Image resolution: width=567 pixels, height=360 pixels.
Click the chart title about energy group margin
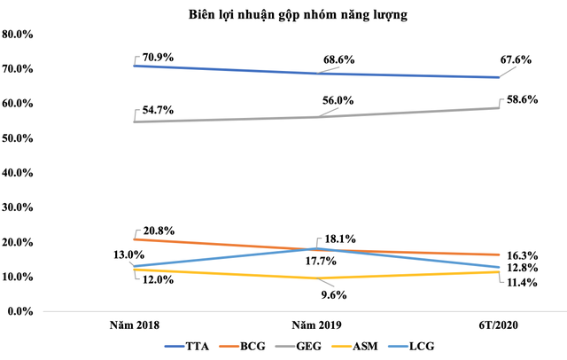pyautogui.click(x=283, y=14)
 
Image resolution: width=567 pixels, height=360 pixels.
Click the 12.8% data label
pyautogui.click(x=533, y=269)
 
